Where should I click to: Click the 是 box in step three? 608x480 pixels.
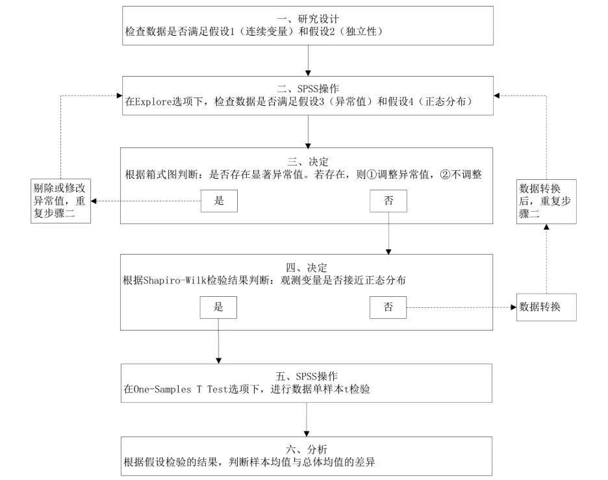click(x=219, y=201)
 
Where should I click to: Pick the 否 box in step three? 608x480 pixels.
click(x=388, y=201)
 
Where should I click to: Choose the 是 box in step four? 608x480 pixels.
click(x=219, y=307)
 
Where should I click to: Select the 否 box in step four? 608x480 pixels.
click(x=388, y=307)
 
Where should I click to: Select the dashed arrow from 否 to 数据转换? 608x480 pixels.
click(x=461, y=307)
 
